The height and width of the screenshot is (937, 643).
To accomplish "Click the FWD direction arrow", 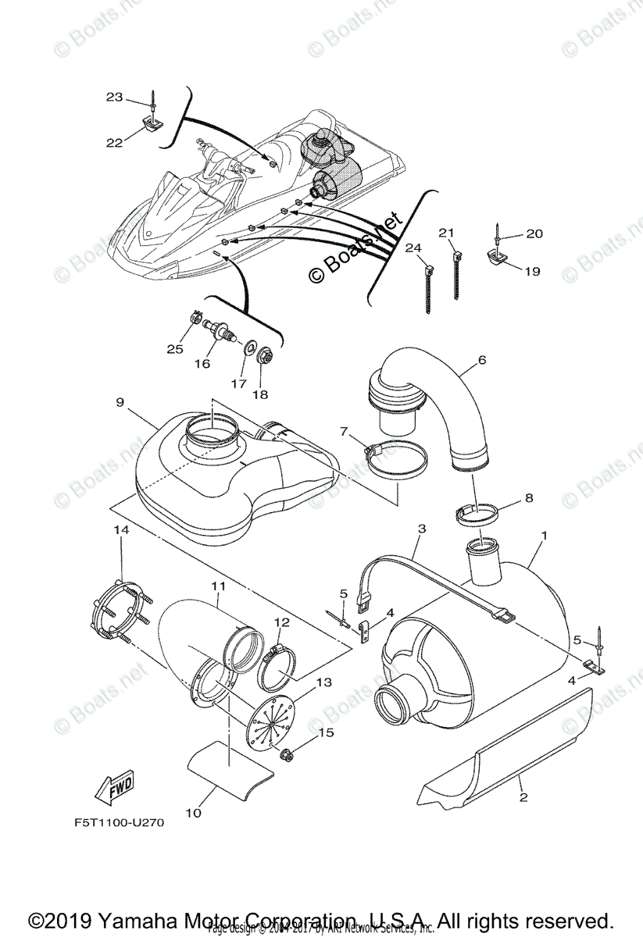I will [x=114, y=786].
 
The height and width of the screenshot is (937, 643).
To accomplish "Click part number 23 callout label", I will [x=115, y=98].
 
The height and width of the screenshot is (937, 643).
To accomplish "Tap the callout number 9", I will [x=120, y=402].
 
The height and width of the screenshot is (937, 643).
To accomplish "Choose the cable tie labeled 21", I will [x=455, y=274].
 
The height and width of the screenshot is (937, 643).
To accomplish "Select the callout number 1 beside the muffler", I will [x=544, y=536].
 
